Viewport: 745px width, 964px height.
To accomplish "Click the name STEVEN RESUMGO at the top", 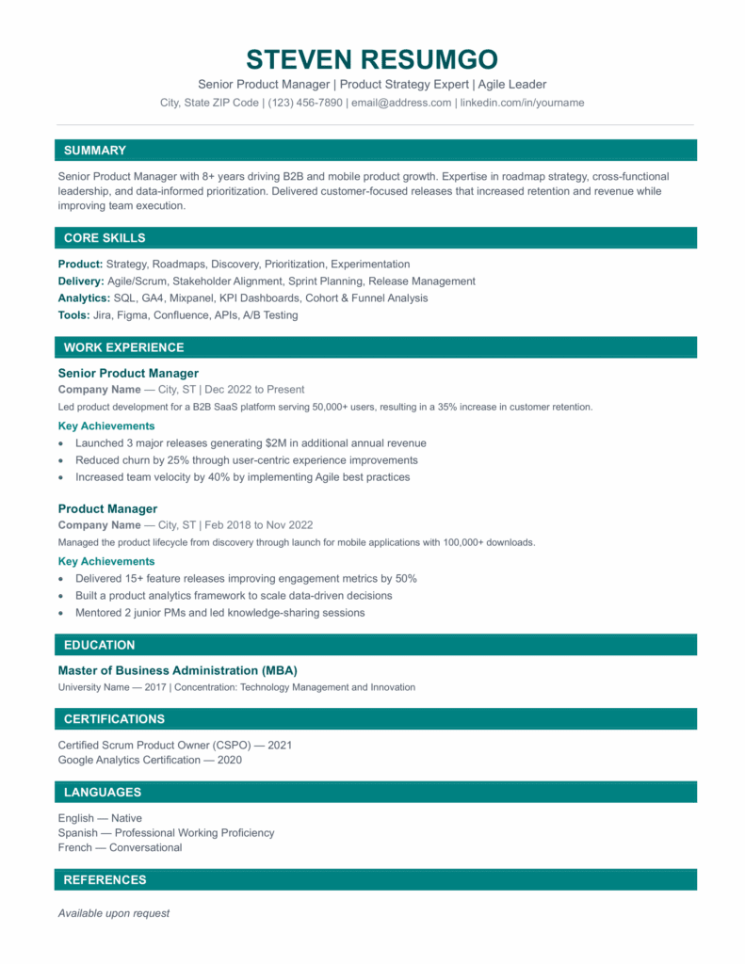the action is pos(372,59).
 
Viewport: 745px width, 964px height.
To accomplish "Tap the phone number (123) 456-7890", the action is pos(305,103).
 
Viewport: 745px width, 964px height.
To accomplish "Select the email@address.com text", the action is pos(401,103).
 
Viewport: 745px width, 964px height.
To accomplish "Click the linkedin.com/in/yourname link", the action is pos(522,103).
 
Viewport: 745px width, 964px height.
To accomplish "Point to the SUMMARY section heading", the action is pos(94,151).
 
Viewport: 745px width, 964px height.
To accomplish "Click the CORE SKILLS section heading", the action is pos(105,238).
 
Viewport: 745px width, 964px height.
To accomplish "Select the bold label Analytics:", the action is pos(84,298).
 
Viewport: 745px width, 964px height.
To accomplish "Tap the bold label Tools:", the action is pos(73,315).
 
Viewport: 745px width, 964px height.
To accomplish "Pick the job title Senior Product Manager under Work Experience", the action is pos(128,373).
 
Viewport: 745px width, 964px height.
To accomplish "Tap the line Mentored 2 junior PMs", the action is pos(219,613).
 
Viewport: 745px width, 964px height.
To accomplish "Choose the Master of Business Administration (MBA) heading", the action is pos(177,670).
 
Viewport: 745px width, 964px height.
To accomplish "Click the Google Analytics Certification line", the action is pos(150,760).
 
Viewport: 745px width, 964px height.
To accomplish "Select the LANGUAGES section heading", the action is pos(103,793).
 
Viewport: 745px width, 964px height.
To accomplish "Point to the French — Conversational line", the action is pos(120,848).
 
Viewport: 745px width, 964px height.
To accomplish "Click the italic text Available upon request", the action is pos(113,913).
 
